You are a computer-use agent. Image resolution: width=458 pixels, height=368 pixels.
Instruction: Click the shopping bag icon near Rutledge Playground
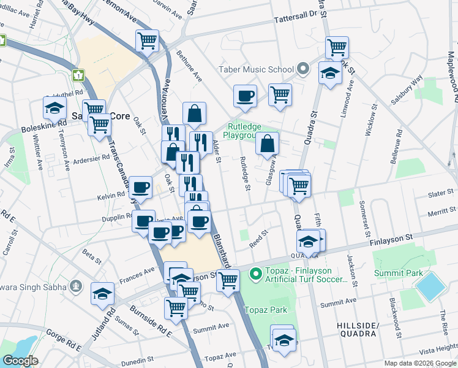268,144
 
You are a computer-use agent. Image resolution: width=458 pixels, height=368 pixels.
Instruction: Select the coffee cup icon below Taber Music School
245,96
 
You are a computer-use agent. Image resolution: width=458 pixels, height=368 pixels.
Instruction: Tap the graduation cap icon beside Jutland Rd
102,294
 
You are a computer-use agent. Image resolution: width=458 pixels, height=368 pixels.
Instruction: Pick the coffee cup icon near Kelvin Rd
141,187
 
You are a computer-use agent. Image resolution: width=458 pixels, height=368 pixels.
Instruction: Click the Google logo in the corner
20,361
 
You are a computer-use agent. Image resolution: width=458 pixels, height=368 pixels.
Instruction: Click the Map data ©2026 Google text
419,363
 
